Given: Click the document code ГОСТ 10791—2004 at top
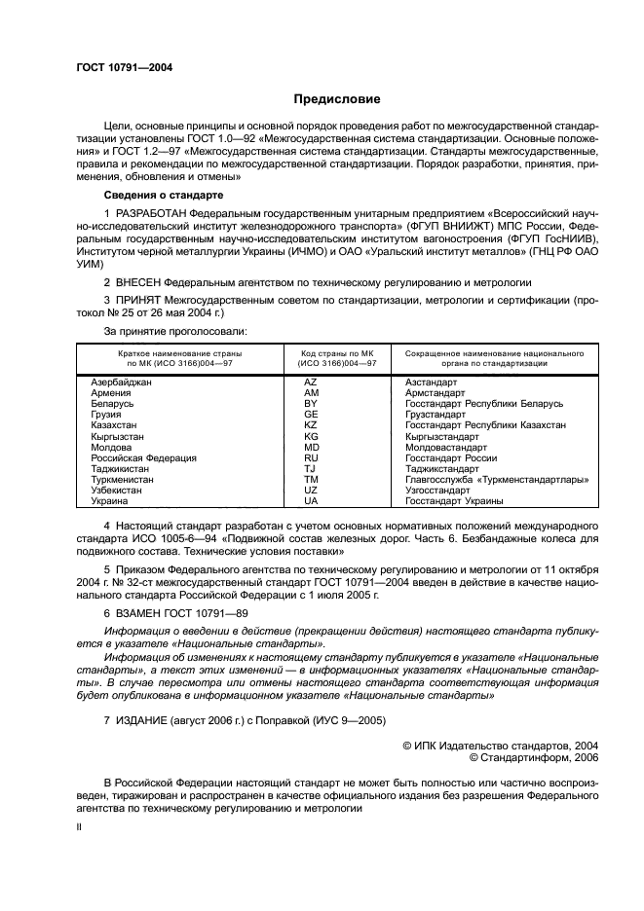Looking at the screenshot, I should coord(124,67).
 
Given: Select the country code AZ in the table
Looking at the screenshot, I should coord(311,383).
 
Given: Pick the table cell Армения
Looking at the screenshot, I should coord(111,393).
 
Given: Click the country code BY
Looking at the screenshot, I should coord(311,404).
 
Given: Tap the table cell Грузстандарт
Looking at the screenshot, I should coord(436,415).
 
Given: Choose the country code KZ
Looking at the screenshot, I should coord(311,425).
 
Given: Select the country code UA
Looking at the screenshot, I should coord(311,500).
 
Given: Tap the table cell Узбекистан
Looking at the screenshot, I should coord(116,490).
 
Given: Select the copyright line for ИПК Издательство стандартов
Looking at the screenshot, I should coord(501,744).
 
